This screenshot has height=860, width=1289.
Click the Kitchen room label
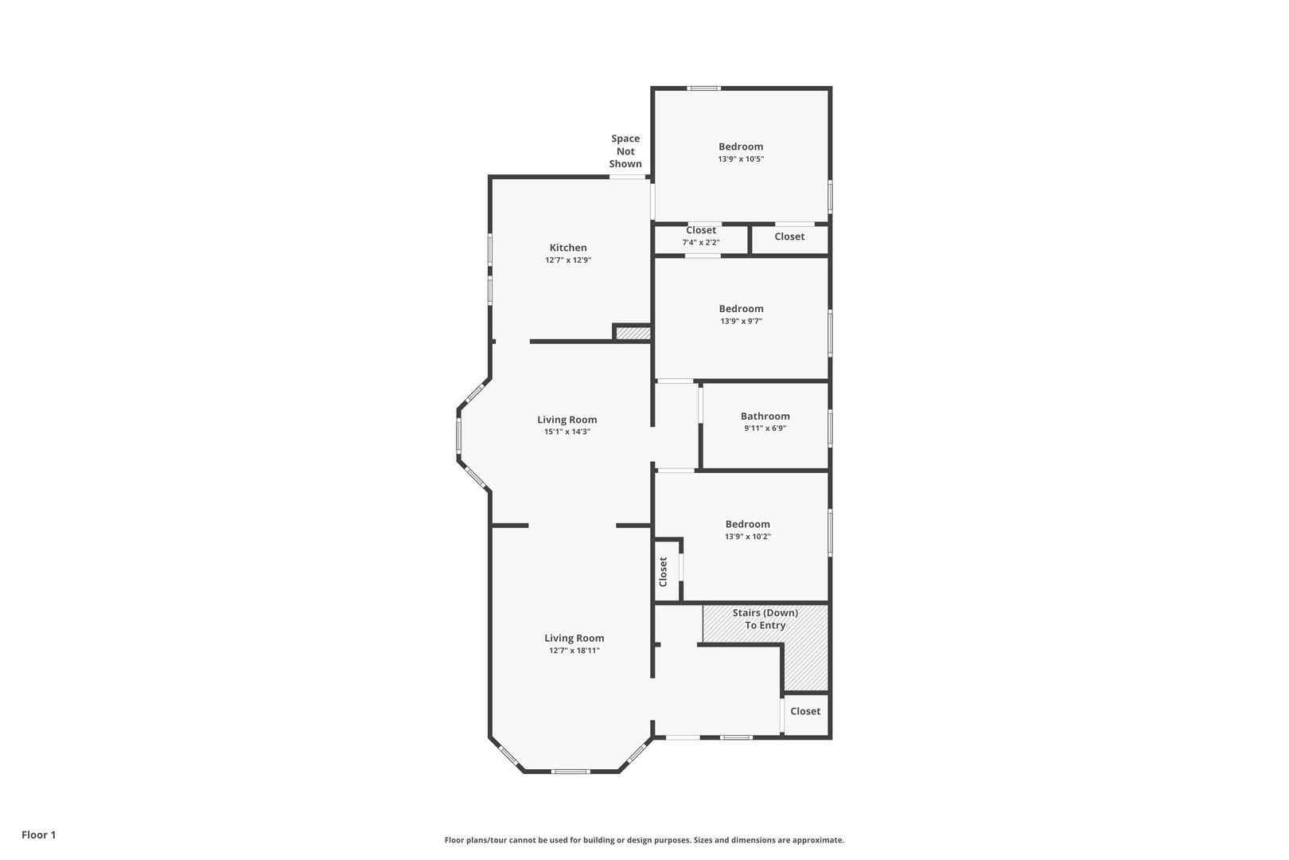tap(568, 248)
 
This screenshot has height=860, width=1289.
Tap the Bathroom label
tap(765, 416)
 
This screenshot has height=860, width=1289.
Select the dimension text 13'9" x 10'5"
tap(741, 159)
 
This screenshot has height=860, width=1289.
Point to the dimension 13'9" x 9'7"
tap(742, 322)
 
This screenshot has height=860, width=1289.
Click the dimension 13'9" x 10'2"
tap(747, 536)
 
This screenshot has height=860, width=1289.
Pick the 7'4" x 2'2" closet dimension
tap(701, 243)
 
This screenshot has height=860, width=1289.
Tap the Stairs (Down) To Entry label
tap(765, 619)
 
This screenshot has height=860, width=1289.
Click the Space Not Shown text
tap(625, 151)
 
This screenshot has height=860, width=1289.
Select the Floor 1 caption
tap(38, 835)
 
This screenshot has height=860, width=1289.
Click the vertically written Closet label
tap(663, 572)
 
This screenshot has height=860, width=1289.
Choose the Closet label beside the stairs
tap(805, 711)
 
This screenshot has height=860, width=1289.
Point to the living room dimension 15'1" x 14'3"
tap(567, 432)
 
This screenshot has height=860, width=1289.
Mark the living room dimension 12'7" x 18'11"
tap(574, 651)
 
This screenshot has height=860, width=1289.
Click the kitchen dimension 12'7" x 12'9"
tap(568, 260)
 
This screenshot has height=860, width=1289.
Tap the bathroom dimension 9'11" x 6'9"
tap(765, 428)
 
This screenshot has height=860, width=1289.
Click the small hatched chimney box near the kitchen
tap(633, 333)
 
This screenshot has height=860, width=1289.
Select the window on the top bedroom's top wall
tap(703, 88)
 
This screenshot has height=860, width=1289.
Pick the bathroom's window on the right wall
tap(830, 428)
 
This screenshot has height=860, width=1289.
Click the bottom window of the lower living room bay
tap(571, 772)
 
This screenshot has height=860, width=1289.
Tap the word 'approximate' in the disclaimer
tap(818, 840)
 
